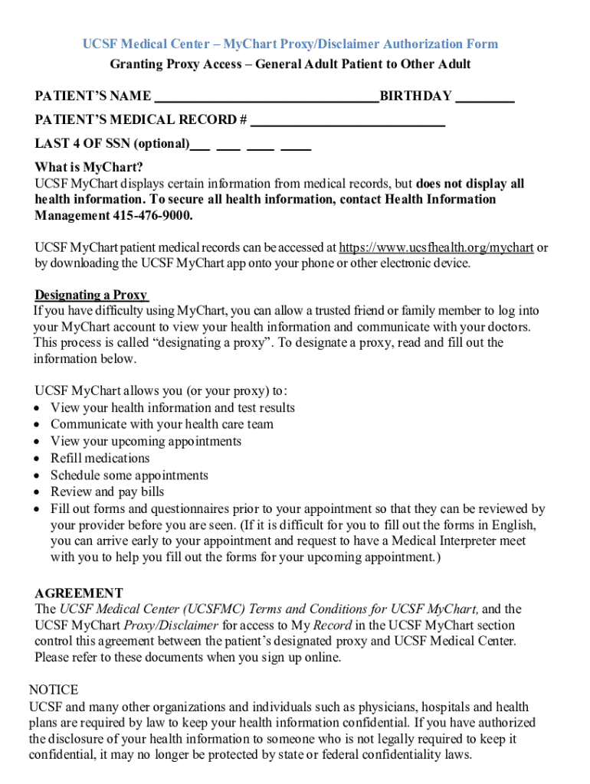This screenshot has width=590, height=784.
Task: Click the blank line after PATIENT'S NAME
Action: point(267,97)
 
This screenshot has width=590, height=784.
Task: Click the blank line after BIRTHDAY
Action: point(485,97)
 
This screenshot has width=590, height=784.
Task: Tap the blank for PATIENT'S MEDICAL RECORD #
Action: point(348,121)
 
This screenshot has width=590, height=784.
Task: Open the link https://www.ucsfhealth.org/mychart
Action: point(436,248)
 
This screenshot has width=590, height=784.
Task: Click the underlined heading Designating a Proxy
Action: point(91,296)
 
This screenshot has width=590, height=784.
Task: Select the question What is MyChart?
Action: point(89,168)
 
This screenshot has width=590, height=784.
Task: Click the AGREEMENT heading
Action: point(79,593)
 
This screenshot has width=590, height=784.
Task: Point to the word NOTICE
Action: point(54,691)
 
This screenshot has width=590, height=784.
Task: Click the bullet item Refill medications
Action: point(100,459)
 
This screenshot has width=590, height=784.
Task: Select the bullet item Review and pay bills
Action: point(107,492)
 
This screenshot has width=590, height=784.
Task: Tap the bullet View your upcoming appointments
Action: point(146,442)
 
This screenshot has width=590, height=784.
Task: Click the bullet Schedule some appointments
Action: point(129,475)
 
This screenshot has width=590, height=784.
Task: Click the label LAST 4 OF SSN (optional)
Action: point(112,144)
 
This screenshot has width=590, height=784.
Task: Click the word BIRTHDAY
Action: point(416,96)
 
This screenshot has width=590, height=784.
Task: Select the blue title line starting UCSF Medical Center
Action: point(290,44)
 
